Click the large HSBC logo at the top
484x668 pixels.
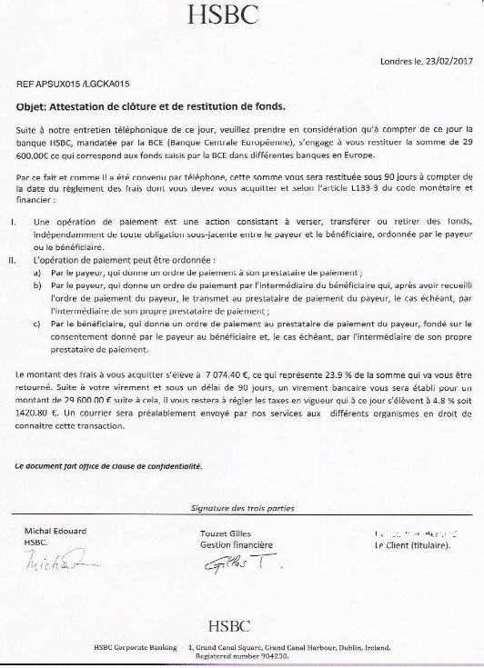pos(236,15)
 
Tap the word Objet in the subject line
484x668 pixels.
pos(32,105)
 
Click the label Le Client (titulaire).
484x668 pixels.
pos(411,545)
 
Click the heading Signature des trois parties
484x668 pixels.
pos(243,508)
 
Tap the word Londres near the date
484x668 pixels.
pos(396,62)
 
